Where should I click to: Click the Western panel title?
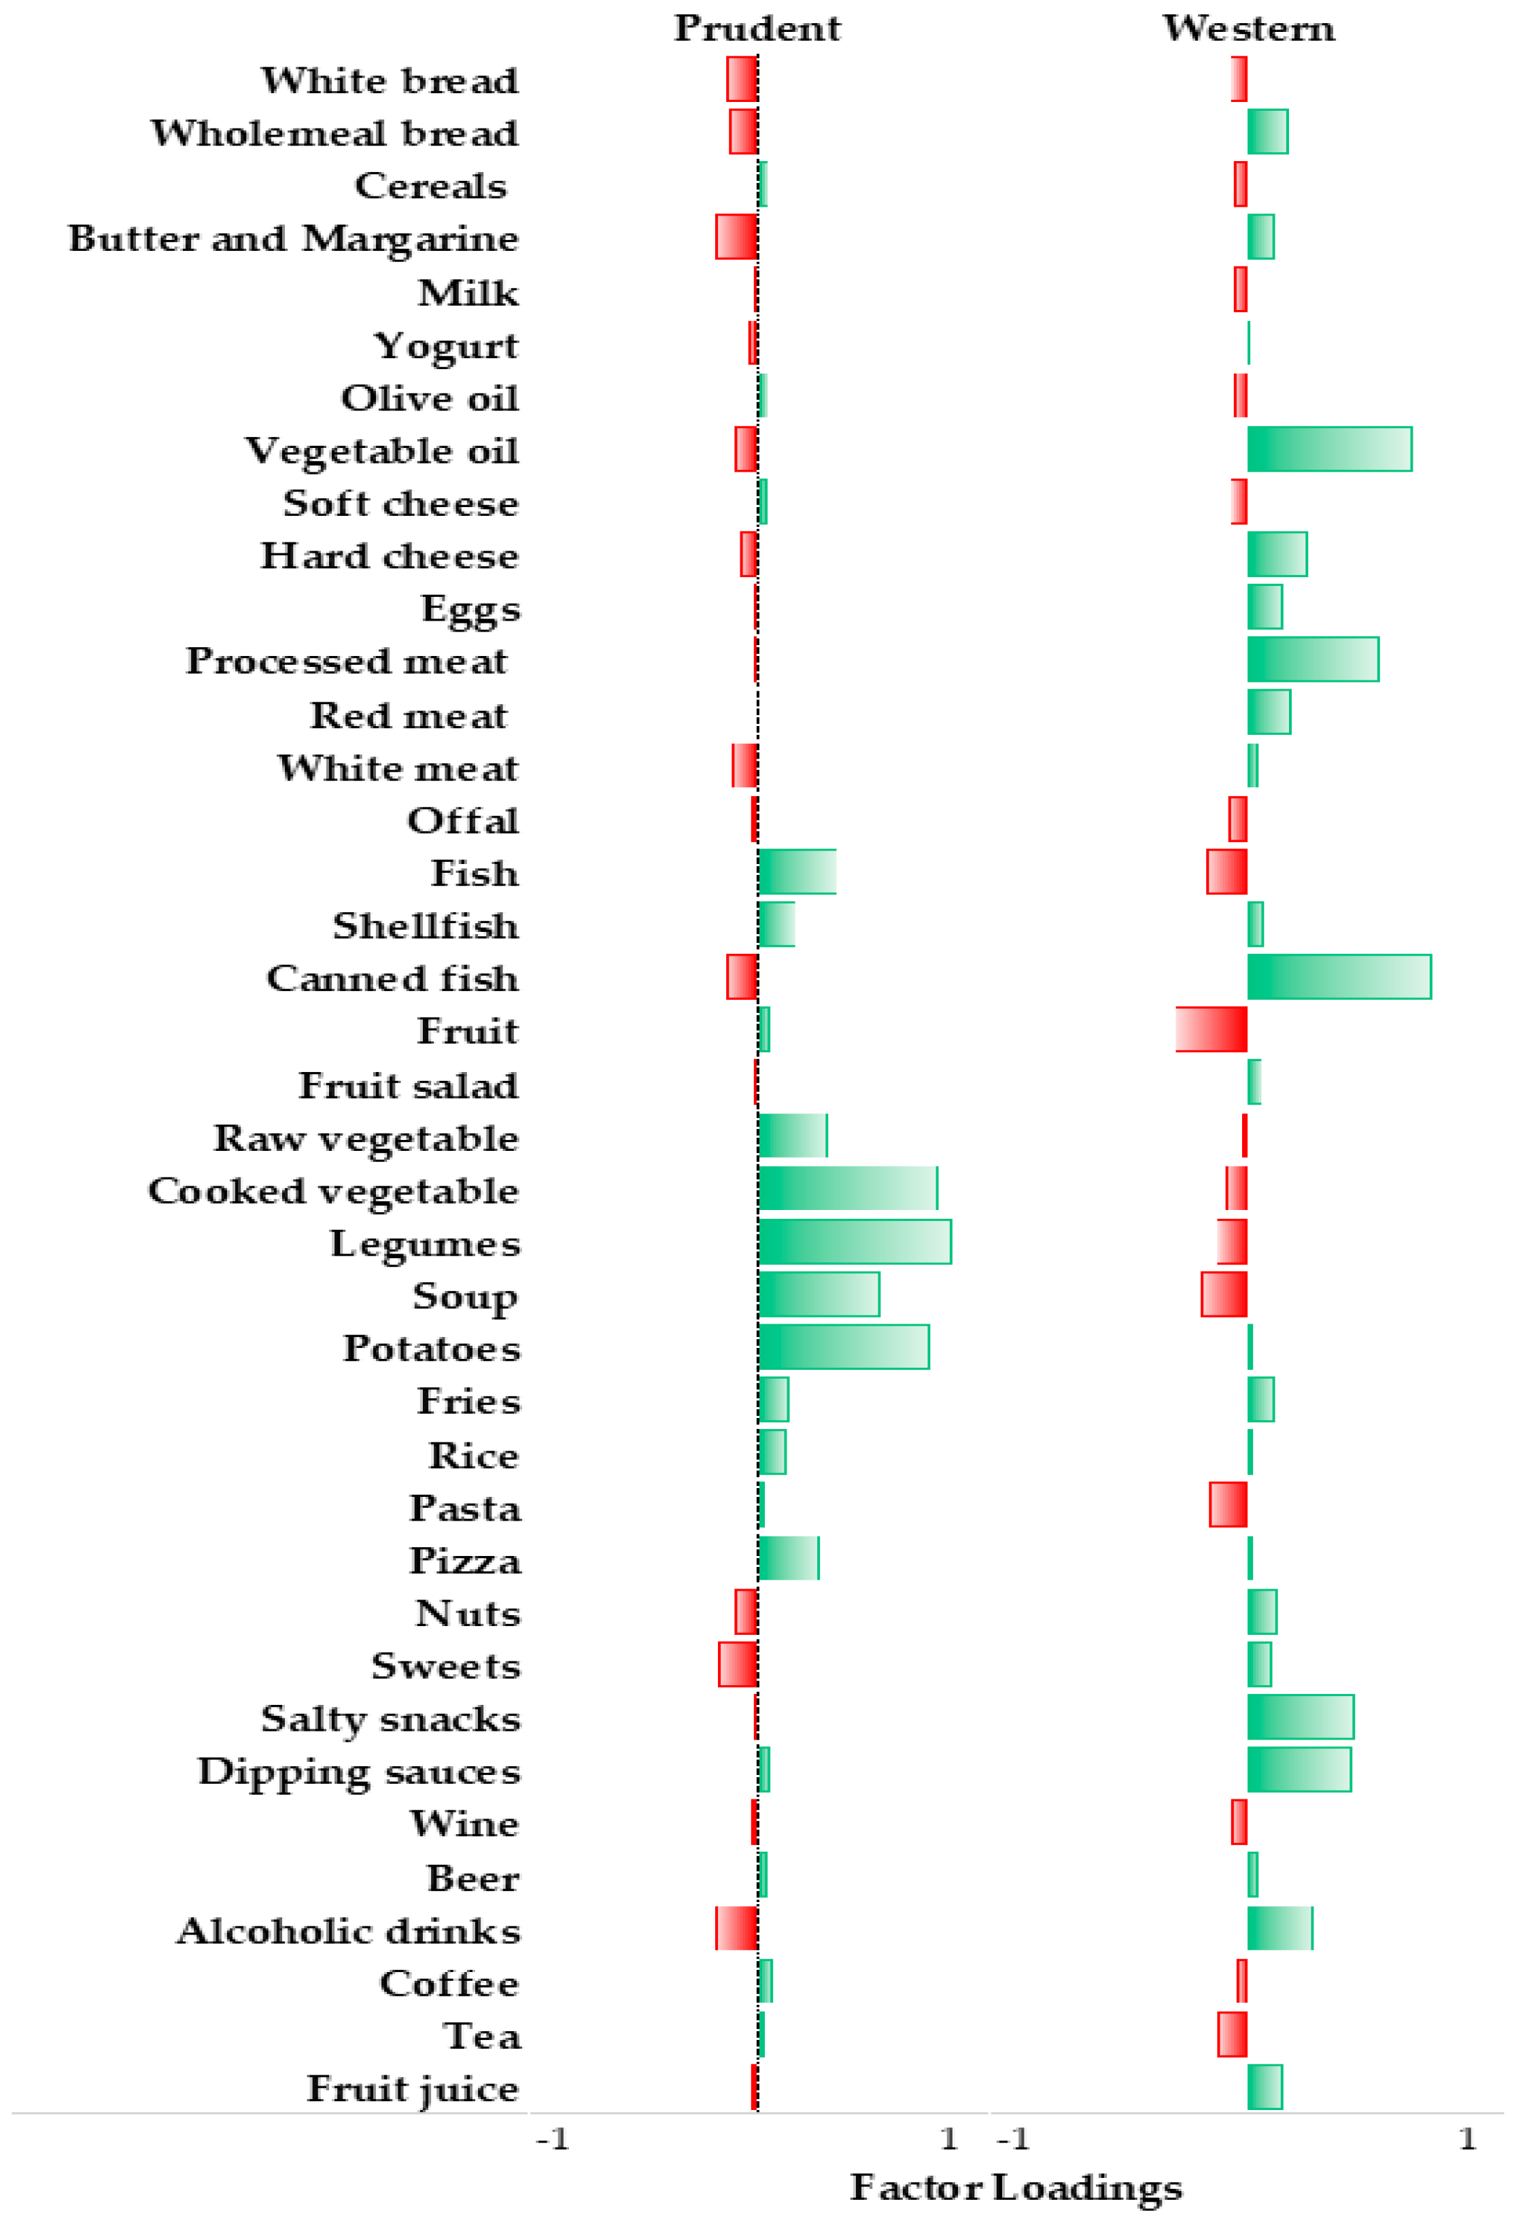[1248, 28]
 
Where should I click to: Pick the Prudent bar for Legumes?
[854, 1241]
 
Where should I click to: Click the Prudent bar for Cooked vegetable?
[847, 1188]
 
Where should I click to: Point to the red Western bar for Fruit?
[1211, 1029]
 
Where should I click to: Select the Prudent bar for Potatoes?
[843, 1347]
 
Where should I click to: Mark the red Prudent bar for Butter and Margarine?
[737, 237]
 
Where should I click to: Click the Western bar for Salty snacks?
[1300, 1717]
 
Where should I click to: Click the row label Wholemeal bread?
[334, 133]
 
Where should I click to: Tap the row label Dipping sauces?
[359, 1771]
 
